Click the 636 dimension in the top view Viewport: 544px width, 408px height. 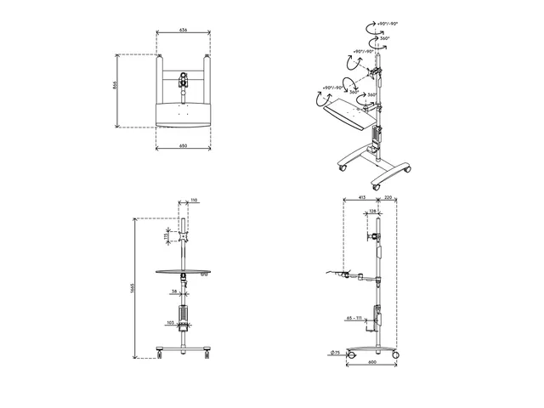point(184,30)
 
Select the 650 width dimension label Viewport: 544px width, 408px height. point(184,145)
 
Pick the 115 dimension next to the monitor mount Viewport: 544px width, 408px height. point(167,238)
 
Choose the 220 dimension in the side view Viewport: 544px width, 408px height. point(389,197)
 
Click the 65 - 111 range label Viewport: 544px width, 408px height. point(354,317)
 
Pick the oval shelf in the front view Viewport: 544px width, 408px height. point(183,272)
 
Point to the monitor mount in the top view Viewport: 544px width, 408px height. point(183,82)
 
